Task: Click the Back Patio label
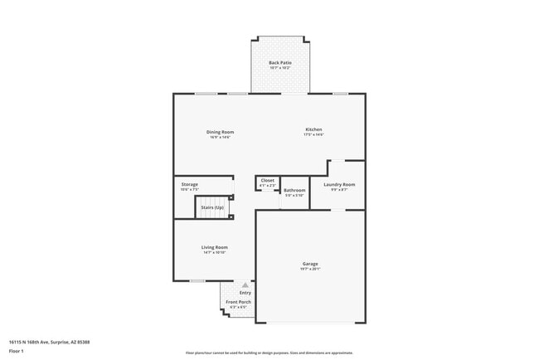tap(280, 62)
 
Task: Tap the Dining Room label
tap(221, 132)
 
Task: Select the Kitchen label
tap(313, 129)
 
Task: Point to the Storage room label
tap(190, 185)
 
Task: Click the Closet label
tap(268, 180)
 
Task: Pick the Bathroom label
tap(294, 190)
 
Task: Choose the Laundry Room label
tap(338, 184)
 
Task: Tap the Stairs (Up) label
tap(212, 207)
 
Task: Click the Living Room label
tap(214, 247)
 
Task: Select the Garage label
tap(310, 264)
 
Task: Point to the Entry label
tap(245, 293)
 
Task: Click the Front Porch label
tap(239, 302)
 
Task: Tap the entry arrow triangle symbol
tap(245, 285)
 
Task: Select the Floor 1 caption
tap(17, 351)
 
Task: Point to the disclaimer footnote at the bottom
tap(269, 353)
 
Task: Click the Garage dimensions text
tap(310, 269)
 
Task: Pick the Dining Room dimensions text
tap(221, 137)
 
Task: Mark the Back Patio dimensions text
tap(280, 67)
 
